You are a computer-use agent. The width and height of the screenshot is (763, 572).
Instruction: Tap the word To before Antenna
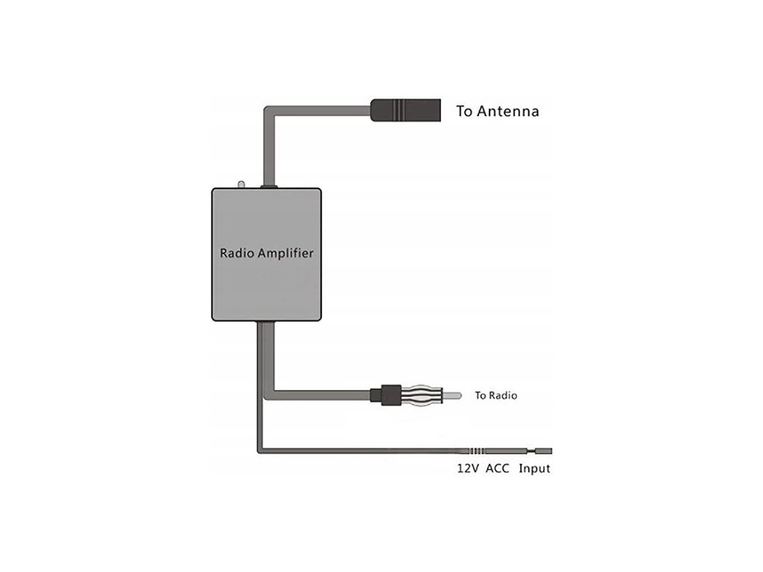click(x=464, y=112)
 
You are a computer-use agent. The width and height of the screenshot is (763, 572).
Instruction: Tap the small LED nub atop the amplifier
click(x=241, y=183)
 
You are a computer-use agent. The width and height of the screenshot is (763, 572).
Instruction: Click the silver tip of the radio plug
click(x=454, y=395)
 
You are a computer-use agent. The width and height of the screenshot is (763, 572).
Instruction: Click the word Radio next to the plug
click(x=503, y=395)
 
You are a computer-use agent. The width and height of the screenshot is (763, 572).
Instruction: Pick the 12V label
click(x=468, y=469)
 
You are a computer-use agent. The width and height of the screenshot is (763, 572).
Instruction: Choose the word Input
click(x=534, y=469)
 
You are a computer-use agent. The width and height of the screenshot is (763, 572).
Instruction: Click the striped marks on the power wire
click(x=478, y=451)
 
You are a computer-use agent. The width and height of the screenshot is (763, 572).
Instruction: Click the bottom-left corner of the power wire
click(x=260, y=450)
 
